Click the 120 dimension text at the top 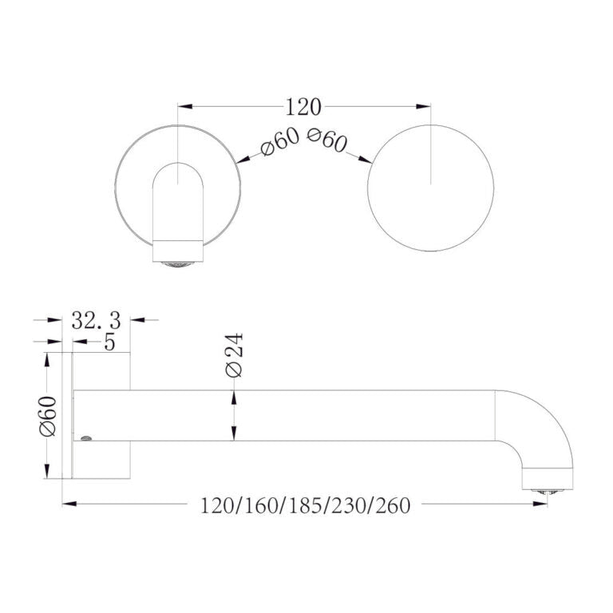303,106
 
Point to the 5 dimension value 109,342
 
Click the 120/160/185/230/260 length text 305,505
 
